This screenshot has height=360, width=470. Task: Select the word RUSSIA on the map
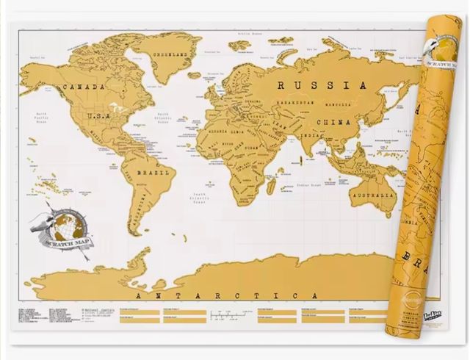322,85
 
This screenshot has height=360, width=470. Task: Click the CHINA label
333,122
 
